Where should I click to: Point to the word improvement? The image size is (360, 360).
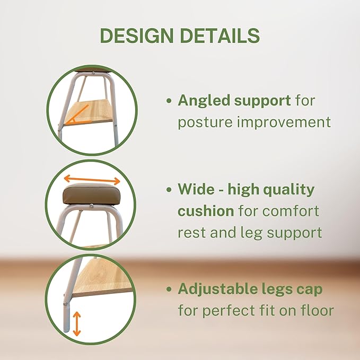(x=285, y=122)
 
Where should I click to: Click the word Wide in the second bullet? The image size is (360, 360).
(x=195, y=189)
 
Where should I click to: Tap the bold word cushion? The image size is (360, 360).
(x=206, y=211)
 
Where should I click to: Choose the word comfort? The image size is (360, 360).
(x=291, y=211)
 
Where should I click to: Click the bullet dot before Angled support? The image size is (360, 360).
(x=169, y=101)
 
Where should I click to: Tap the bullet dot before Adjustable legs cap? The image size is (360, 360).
(x=169, y=289)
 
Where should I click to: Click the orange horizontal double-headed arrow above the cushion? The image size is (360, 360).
(x=91, y=179)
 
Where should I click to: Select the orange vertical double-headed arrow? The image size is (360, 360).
(x=77, y=323)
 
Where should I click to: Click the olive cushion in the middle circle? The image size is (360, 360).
(x=91, y=196)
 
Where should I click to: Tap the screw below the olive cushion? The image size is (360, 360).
(x=91, y=207)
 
